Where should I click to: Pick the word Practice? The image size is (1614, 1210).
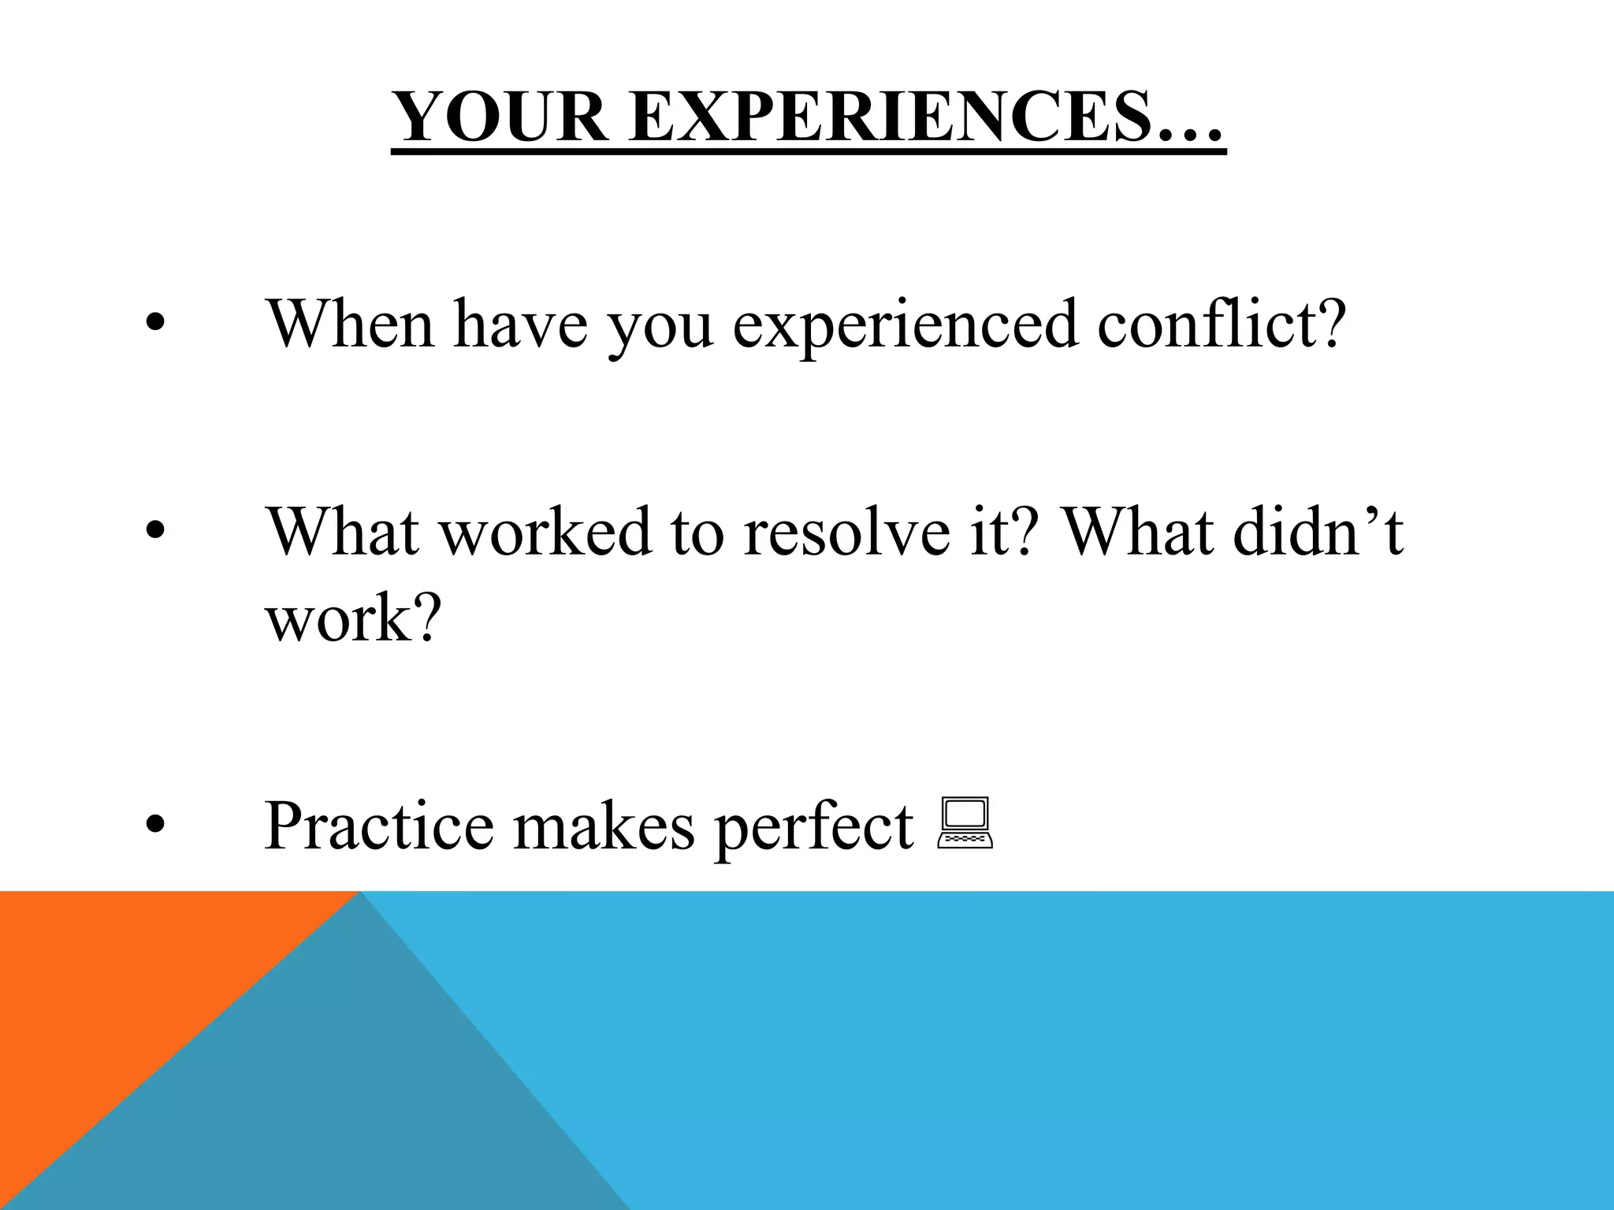tap(379, 826)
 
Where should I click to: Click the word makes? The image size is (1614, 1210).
tap(604, 826)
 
